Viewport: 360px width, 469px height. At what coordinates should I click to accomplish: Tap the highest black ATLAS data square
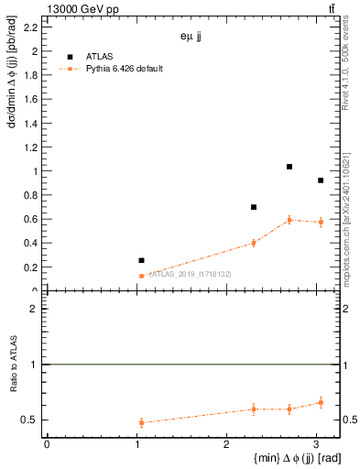289,167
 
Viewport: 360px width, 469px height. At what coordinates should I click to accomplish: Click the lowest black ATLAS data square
141,260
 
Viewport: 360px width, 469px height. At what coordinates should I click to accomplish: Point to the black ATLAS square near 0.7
254,207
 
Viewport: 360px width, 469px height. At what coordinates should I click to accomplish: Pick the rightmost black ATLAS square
321,180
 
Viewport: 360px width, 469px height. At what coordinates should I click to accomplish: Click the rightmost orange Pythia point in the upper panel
321,223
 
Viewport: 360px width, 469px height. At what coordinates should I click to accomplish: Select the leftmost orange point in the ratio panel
141,422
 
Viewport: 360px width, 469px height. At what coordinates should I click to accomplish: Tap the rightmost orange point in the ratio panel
321,402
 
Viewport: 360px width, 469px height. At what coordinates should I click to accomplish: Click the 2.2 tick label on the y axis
30,27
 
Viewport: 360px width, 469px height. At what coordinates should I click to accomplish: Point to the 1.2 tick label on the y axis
30,147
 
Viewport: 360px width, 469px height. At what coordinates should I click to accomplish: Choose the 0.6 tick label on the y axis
30,219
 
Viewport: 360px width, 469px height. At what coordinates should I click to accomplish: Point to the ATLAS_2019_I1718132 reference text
190,274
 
